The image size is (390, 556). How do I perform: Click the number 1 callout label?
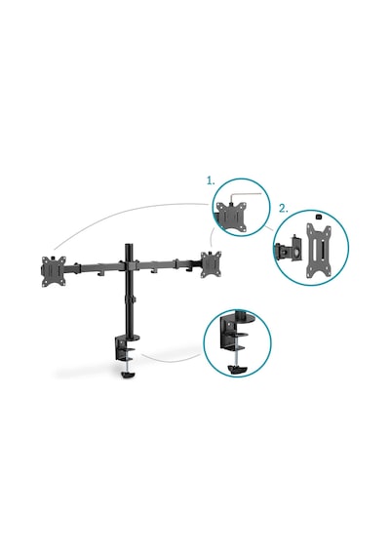tap(211, 180)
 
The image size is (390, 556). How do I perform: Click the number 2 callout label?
tap(284, 209)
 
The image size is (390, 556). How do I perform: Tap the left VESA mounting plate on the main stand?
tap(54, 271)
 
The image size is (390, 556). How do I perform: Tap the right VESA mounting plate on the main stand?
tap(211, 264)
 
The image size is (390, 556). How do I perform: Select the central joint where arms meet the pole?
tap(129, 265)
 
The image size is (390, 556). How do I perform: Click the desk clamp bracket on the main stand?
tap(122, 349)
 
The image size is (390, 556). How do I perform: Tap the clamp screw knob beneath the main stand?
tap(129, 374)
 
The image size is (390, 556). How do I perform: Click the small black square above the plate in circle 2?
tap(318, 216)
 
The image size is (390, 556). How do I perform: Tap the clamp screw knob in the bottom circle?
tap(238, 370)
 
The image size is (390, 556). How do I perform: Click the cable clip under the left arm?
tap(101, 273)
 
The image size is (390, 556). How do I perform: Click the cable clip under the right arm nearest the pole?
tap(154, 271)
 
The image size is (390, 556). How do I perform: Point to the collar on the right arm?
tap(175, 263)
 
